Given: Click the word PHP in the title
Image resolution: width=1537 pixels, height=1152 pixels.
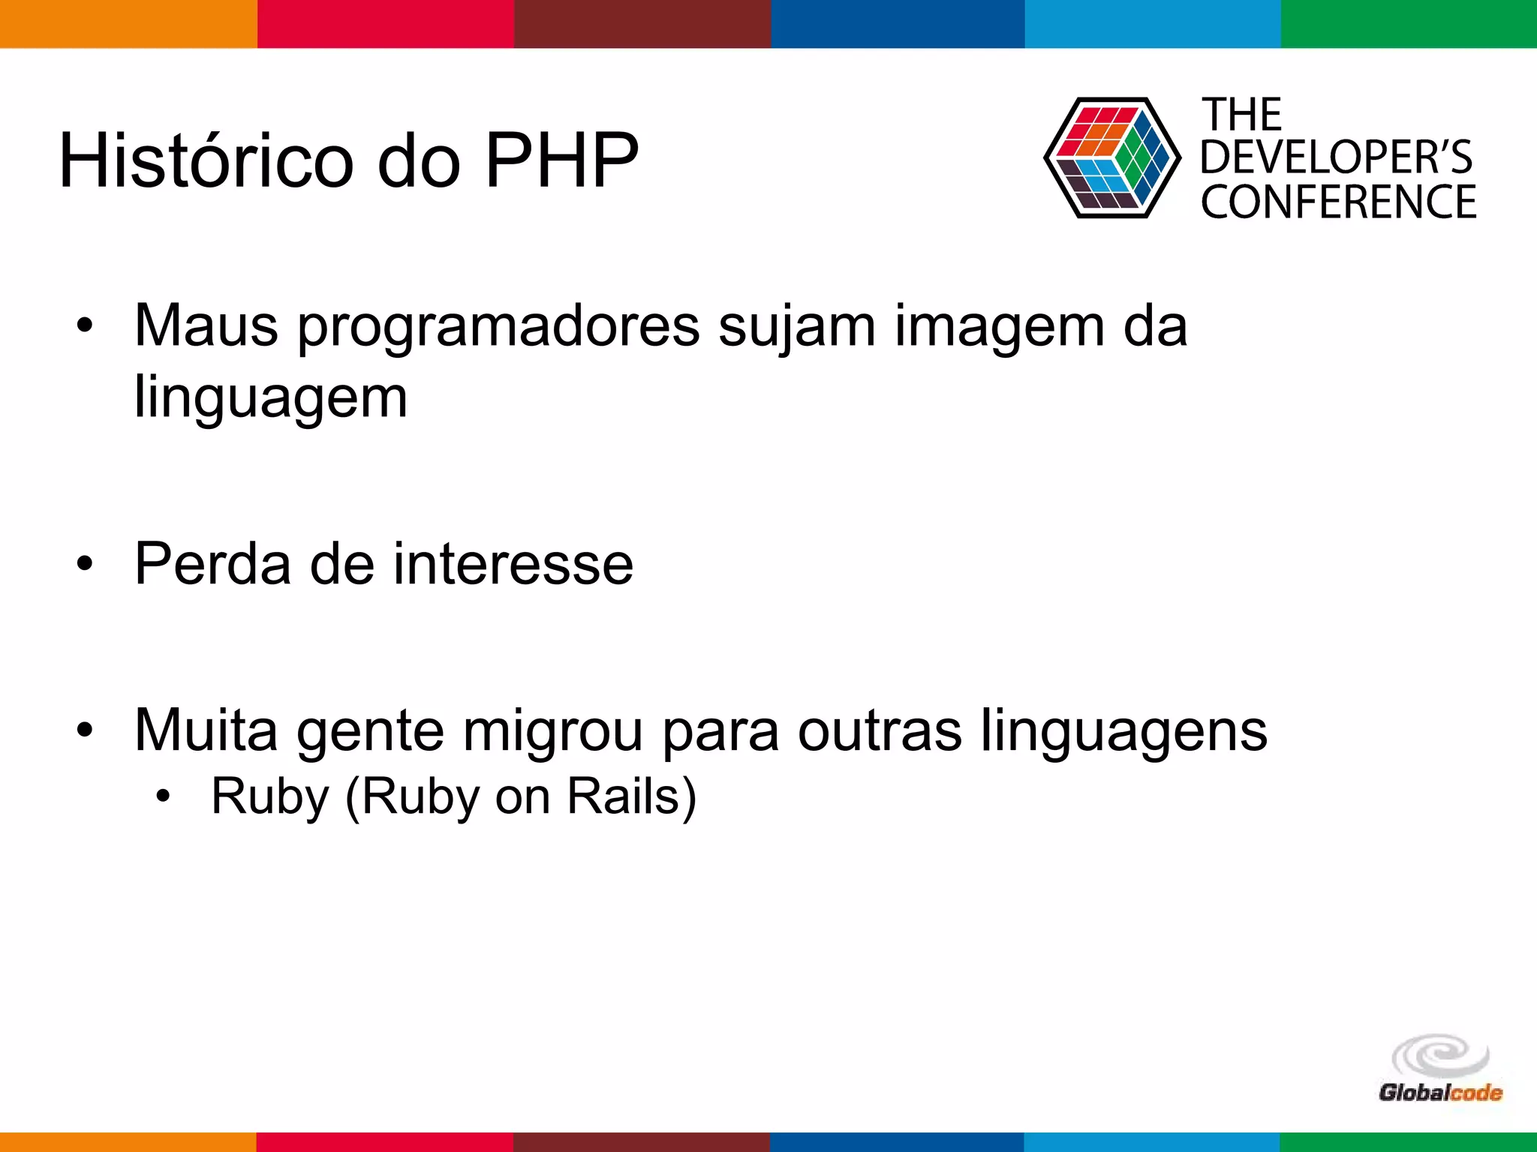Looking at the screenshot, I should [562, 160].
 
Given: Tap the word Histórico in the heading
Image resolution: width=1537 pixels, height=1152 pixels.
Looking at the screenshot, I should [206, 160].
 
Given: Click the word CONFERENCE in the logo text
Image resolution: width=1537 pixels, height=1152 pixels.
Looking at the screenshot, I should [1338, 202].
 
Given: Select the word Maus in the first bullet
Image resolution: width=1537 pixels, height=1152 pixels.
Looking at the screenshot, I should [206, 326].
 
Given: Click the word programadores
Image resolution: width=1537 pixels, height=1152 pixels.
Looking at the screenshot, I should [499, 328].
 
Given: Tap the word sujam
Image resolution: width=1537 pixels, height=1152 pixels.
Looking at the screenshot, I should [797, 328].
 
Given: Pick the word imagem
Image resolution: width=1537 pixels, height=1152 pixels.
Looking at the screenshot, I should [999, 328].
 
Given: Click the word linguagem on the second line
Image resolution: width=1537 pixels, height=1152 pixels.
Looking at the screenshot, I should [271, 397].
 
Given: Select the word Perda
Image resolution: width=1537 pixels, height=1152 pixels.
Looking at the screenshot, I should [212, 564].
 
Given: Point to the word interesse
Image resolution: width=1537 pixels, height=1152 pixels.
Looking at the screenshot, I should [513, 564].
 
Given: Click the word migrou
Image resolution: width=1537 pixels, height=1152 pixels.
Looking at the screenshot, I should [552, 730].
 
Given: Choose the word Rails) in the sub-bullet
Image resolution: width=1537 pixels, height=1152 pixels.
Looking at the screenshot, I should [631, 796].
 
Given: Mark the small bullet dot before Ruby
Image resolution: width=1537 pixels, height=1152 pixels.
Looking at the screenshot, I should [163, 796].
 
